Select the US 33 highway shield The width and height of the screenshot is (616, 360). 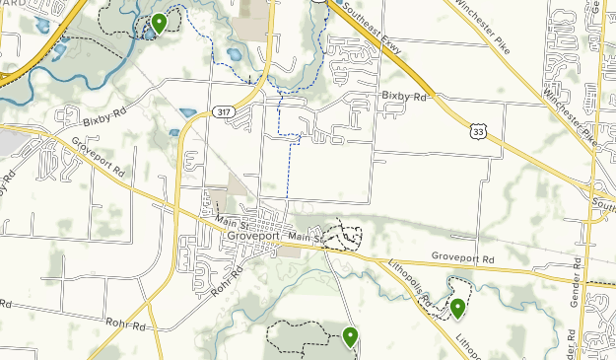pos(478,130)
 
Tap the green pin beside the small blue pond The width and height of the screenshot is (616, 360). pos(159,23)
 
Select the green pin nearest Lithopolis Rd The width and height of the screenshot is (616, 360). pos(457,308)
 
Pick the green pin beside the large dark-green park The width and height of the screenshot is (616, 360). pos(350,337)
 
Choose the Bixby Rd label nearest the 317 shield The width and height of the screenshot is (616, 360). pos(105,118)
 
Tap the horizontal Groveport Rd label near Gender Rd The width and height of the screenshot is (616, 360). pos(461,256)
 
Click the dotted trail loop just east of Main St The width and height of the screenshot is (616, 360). pos(346,236)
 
